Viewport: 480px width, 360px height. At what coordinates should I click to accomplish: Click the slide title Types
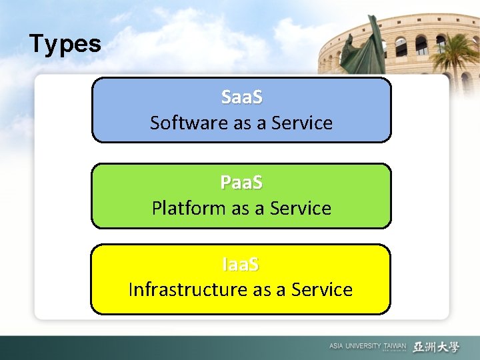coord(65,45)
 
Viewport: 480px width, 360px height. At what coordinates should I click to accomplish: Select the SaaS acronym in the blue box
coord(241,97)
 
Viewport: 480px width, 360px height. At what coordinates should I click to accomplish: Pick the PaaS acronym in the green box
coord(241,182)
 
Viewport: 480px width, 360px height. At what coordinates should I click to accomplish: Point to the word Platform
coord(189,209)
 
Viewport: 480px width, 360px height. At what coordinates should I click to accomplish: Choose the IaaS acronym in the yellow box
coord(241,265)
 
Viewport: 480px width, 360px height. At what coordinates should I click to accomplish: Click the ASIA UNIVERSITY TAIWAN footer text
coord(367,346)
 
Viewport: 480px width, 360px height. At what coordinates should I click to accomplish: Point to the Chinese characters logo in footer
coord(436,347)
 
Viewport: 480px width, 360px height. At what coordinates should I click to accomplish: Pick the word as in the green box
coord(240,209)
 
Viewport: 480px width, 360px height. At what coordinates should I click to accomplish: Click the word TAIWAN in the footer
coord(394,346)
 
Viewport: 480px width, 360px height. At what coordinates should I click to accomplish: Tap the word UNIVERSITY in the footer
coord(363,346)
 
